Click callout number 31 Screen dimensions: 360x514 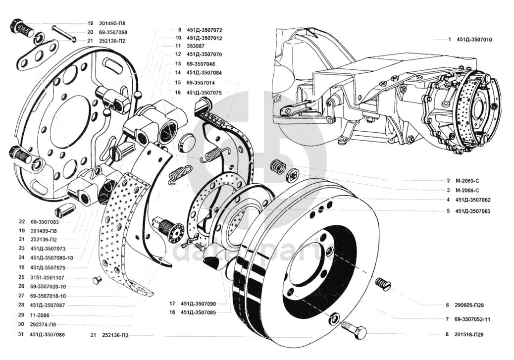21,335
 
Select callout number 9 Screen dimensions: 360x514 180,30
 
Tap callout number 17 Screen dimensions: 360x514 172,303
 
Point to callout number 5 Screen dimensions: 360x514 448,211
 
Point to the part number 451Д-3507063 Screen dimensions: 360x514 472,211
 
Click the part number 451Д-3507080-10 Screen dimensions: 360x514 51,257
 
